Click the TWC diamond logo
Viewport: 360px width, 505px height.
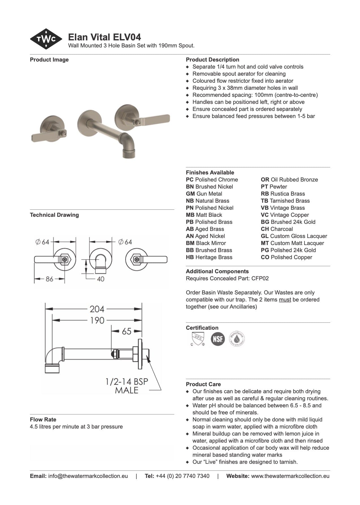coord(46,39)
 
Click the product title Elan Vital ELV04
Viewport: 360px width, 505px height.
coord(104,37)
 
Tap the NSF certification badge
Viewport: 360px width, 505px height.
coord(218,338)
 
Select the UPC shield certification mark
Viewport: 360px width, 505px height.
coord(197,338)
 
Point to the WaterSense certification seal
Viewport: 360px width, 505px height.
coord(237,338)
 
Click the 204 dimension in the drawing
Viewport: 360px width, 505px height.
coord(97,309)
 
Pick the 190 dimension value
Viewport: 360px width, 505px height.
coord(97,320)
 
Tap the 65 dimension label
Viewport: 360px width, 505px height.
coord(126,331)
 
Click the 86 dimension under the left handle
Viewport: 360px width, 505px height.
coord(49,279)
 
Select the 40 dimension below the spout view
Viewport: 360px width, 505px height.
coord(101,279)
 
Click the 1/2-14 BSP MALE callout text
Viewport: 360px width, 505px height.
coord(126,386)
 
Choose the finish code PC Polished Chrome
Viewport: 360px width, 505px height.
coord(212,180)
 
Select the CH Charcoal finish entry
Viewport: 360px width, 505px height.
coord(277,229)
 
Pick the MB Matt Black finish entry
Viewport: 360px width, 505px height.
coord(204,215)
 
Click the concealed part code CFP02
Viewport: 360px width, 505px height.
coord(260,279)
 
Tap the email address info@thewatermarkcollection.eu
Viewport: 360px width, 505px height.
coord(88,476)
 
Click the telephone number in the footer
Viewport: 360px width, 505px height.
coord(182,476)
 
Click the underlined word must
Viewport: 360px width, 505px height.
coord(285,300)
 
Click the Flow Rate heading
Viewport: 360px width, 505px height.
coord(43,420)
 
